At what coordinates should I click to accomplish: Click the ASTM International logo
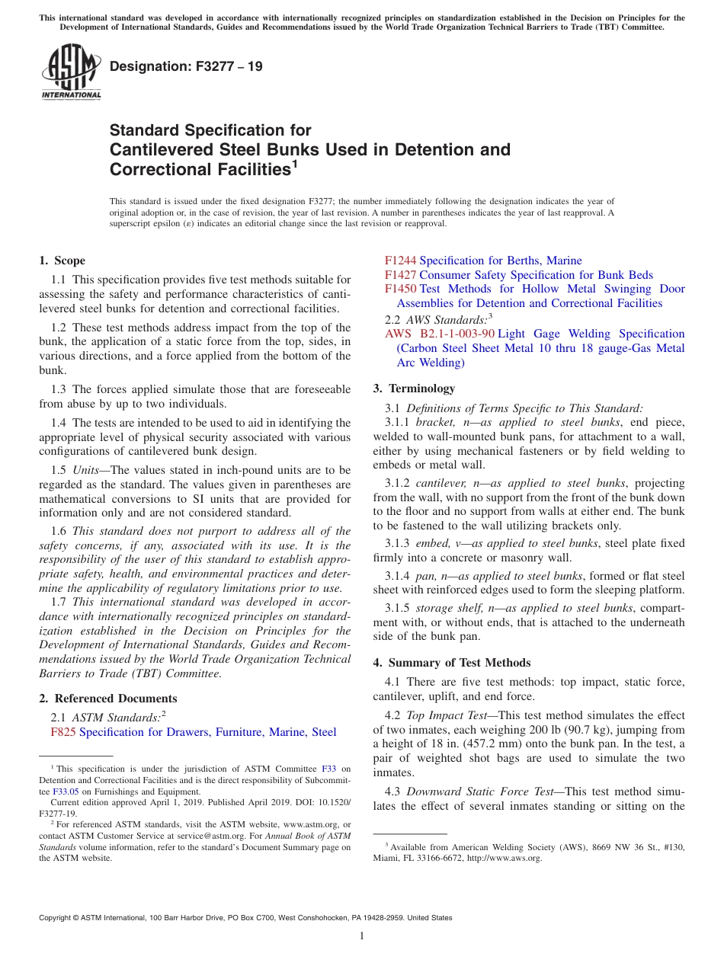pyautogui.click(x=70, y=72)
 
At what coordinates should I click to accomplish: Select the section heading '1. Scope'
pyautogui.click(x=62, y=261)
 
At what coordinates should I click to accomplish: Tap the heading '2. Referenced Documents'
pyautogui.click(x=108, y=699)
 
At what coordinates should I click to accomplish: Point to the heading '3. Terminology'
pyautogui.click(x=414, y=389)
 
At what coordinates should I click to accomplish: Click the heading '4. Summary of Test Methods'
pyautogui.click(x=452, y=663)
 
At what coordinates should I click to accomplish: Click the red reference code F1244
pyautogui.click(x=400, y=261)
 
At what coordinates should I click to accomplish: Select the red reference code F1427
pyautogui.click(x=400, y=275)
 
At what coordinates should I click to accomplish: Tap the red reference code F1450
pyautogui.click(x=400, y=289)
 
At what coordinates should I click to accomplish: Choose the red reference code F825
pyautogui.click(x=63, y=732)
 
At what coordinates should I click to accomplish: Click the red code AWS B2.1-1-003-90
pyautogui.click(x=440, y=334)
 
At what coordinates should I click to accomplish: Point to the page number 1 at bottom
pyautogui.click(x=362, y=935)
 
